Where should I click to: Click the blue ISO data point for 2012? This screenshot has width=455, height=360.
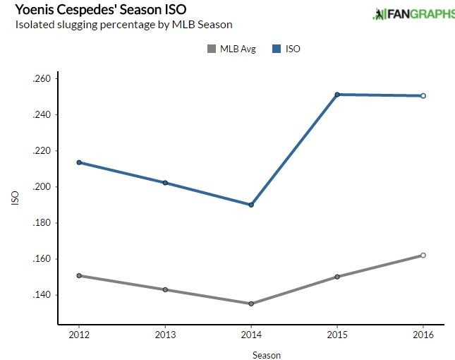(79, 162)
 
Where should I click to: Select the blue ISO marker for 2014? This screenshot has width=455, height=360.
(251, 205)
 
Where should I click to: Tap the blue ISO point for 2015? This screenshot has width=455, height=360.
(337, 95)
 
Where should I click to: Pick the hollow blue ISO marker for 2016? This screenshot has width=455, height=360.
(423, 96)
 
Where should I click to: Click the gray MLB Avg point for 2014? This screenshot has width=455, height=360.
(251, 304)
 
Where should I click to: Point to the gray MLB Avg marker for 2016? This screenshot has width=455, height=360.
(423, 256)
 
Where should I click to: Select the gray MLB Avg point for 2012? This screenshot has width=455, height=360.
(79, 275)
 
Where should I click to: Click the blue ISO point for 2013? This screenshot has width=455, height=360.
(165, 183)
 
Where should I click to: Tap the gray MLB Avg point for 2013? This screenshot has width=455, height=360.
(165, 289)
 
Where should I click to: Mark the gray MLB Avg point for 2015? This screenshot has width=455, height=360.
(337, 277)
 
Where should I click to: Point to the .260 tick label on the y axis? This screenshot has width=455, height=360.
(42, 78)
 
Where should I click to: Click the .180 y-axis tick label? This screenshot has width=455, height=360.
(42, 223)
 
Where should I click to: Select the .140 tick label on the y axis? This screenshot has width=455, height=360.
(42, 295)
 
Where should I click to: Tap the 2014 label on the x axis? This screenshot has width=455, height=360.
(251, 333)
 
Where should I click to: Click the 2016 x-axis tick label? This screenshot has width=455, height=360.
(423, 333)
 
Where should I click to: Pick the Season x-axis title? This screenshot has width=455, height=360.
(266, 355)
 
